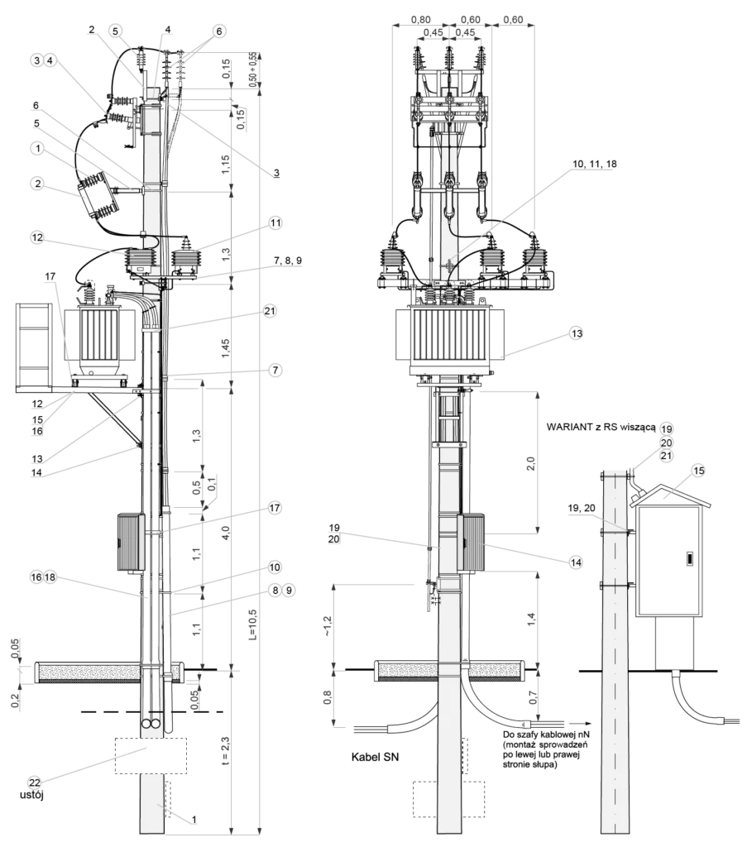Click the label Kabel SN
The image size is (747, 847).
(x=375, y=757)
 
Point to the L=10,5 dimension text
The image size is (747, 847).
(x=253, y=624)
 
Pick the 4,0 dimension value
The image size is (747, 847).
(x=226, y=532)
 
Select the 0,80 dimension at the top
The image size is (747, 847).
(x=421, y=20)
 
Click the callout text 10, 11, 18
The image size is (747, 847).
(x=594, y=164)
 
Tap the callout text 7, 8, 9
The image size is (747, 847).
(x=287, y=261)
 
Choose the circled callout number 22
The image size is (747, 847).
(x=35, y=782)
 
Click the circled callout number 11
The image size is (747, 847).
(x=275, y=223)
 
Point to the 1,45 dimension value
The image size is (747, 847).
(x=226, y=347)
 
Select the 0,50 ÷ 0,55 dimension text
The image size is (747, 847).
(x=252, y=69)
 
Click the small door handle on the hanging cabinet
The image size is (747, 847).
(x=690, y=558)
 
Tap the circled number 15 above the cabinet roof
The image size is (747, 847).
(x=698, y=471)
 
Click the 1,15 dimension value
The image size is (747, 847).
(x=226, y=164)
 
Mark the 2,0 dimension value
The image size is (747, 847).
(x=530, y=463)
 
